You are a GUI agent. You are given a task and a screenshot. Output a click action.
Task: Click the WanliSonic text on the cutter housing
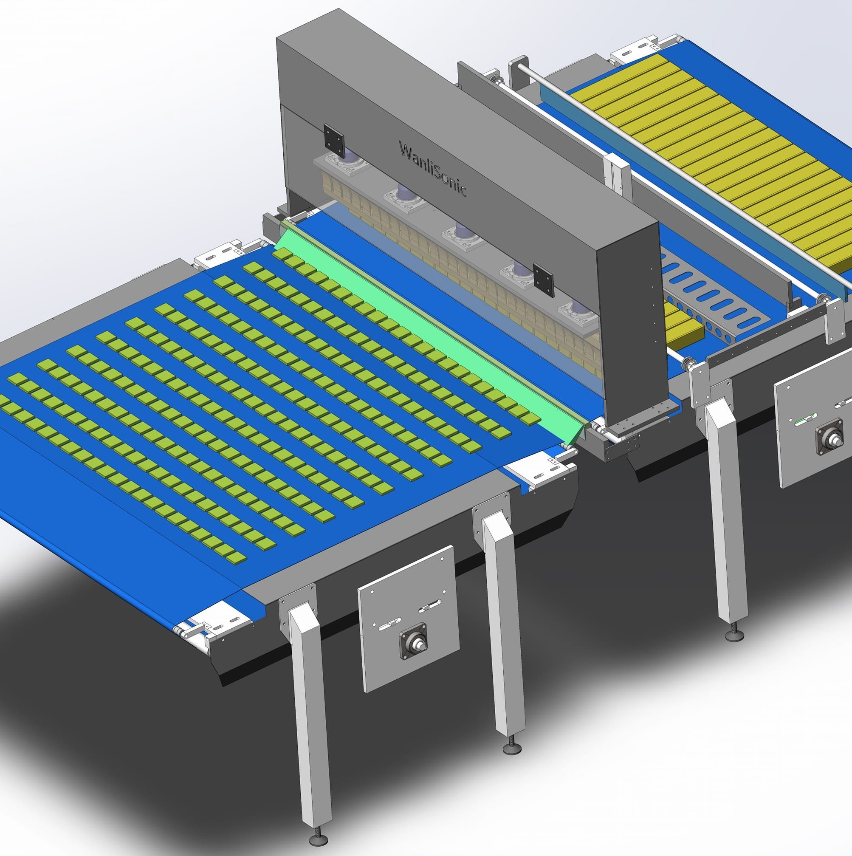pos(432,168)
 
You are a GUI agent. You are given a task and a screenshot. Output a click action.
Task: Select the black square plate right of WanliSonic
pos(544,280)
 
